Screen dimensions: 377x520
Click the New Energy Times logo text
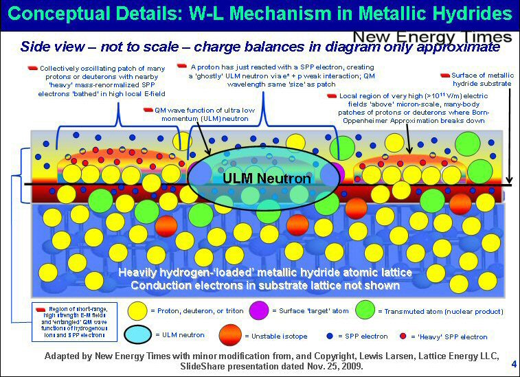[x=432, y=36]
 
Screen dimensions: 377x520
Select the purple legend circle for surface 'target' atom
[x=259, y=310]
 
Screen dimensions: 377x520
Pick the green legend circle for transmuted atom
[x=365, y=310]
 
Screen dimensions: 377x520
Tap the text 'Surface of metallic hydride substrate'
[x=481, y=78]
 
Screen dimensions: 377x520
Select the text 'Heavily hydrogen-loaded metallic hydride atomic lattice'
[x=265, y=273]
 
